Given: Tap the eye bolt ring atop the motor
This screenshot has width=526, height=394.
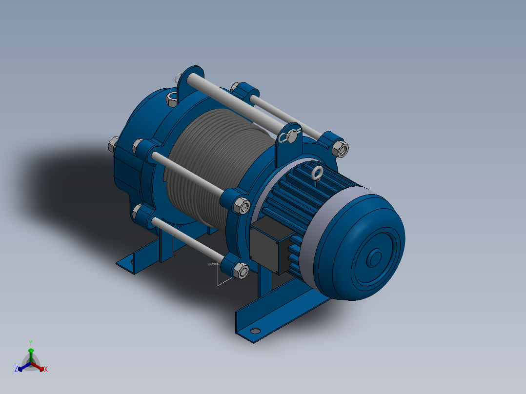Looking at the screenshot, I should click(x=318, y=172).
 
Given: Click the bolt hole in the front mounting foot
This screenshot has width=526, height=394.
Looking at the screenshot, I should click(x=255, y=331).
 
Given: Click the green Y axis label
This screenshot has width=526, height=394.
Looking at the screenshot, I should click(x=30, y=342).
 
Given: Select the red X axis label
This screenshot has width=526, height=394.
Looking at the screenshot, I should click(x=46, y=370).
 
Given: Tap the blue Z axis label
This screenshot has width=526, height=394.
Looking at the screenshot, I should click(x=16, y=370).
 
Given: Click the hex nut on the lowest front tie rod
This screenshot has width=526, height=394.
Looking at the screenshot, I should click(x=241, y=271).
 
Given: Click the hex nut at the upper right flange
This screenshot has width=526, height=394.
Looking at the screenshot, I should click(x=342, y=149).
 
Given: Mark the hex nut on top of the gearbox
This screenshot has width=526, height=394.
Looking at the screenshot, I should click(x=172, y=98).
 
